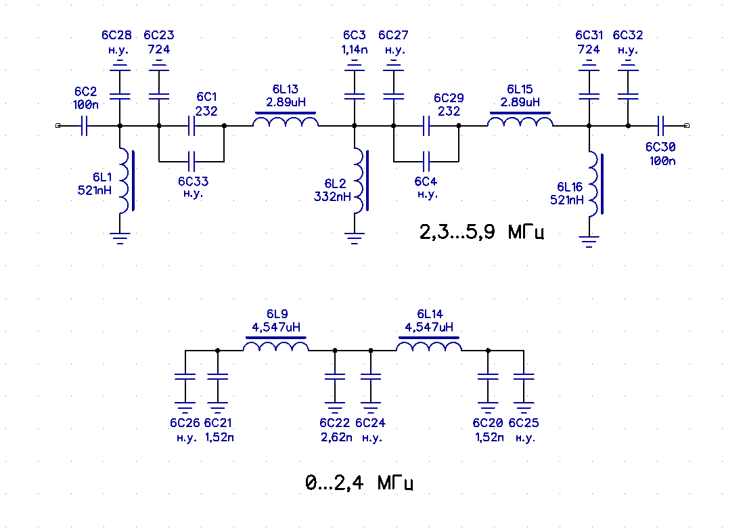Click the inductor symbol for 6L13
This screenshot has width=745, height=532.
(x=286, y=120)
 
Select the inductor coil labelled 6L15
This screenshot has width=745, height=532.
(x=520, y=120)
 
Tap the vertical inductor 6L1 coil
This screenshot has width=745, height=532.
(x=125, y=181)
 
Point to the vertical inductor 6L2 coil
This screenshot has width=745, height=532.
(x=360, y=181)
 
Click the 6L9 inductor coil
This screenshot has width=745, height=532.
(x=276, y=345)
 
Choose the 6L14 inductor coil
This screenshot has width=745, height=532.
(x=429, y=345)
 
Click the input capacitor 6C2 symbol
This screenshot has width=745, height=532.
(x=84, y=126)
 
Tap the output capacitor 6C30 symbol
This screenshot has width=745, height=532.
(x=660, y=126)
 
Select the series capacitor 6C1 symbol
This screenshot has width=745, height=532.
(x=191, y=126)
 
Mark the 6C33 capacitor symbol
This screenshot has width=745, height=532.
(x=191, y=162)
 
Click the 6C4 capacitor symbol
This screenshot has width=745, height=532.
(x=426, y=162)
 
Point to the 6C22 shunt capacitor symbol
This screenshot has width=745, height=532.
(x=335, y=376)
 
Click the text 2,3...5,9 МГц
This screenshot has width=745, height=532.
(x=481, y=232)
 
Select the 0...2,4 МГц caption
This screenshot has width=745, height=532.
(x=359, y=483)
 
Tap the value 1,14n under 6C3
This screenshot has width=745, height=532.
(x=355, y=49)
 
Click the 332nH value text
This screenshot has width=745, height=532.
(x=333, y=196)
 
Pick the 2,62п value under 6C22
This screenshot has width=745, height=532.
(x=336, y=437)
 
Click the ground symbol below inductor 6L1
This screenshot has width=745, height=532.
(x=120, y=238)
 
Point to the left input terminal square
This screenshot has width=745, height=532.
(x=58, y=126)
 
